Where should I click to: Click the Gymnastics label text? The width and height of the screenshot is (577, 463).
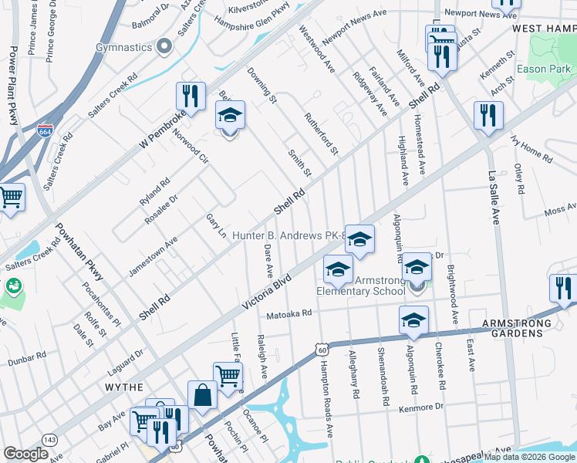point(123,47)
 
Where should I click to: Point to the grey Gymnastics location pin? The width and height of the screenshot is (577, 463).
point(164,47)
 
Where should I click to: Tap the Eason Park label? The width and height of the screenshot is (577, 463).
point(545,69)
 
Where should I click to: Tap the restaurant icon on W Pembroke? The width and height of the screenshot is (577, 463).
point(191,96)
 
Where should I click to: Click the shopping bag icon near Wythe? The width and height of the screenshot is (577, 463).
point(202,396)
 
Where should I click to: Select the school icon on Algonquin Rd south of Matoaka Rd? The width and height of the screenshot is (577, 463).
point(413,320)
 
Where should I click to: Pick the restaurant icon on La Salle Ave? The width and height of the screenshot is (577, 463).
point(488,115)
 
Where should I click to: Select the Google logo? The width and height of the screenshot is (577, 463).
point(26,454)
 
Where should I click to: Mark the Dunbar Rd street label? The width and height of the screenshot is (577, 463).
point(27,358)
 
